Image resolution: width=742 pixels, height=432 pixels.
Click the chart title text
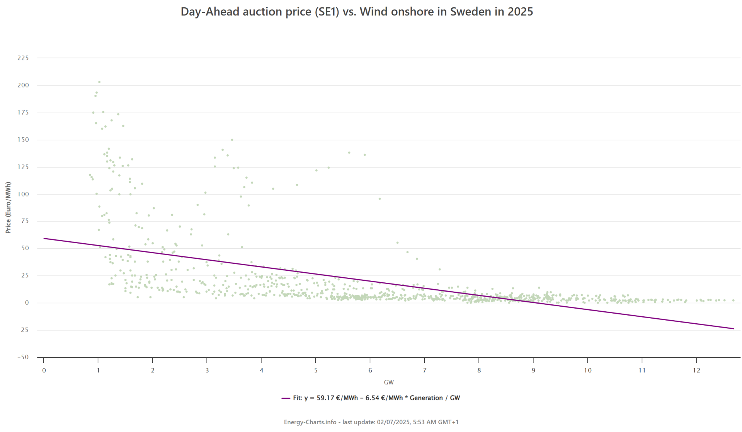tap(357, 12)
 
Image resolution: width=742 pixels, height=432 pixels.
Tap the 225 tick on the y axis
tap(23, 58)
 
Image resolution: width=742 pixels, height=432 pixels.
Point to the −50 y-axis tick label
tap(23, 357)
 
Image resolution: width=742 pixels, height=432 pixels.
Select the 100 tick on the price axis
tap(23, 194)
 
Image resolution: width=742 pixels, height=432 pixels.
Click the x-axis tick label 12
tap(696, 371)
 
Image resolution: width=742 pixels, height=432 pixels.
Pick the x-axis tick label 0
tap(44, 371)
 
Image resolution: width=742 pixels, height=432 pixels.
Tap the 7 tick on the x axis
tap(424, 371)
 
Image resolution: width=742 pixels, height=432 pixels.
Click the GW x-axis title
tap(388, 382)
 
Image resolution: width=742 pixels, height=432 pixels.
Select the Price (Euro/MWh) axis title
tap(8, 207)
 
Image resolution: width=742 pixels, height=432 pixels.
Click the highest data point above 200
tap(99, 82)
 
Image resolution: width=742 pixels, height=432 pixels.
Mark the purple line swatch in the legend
tap(286, 398)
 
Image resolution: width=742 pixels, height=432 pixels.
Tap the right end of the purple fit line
tap(733, 329)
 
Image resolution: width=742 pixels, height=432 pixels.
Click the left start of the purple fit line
tap(44, 238)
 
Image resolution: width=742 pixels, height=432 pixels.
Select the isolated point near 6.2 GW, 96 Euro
tap(380, 199)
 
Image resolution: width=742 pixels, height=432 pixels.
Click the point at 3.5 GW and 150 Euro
tap(232, 140)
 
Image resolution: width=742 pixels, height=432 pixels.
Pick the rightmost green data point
tap(733, 301)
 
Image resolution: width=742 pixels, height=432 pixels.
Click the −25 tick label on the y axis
tap(23, 330)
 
